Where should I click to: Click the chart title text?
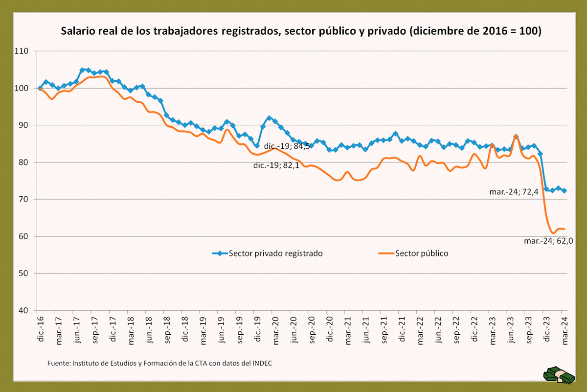click(301, 31)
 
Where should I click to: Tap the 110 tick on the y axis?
click(21, 51)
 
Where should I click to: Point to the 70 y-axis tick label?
click(23, 199)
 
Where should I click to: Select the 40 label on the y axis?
click(23, 310)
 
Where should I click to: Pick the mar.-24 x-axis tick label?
click(564, 331)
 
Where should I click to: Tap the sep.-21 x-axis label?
click(384, 330)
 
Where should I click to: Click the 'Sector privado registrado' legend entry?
click(267, 254)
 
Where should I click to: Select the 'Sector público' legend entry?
click(413, 254)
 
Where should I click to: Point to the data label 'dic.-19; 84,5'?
click(287, 146)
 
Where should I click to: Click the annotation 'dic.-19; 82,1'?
click(276, 165)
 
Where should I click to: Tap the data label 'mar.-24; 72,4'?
click(514, 192)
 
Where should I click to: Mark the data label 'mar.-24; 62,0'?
click(548, 241)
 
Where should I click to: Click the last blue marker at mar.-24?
click(564, 191)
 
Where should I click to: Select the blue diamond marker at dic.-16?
click(40, 89)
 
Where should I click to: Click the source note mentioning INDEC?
click(159, 363)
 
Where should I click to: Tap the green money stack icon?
click(559, 375)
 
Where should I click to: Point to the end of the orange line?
click(564, 229)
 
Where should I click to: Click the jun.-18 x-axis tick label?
click(149, 329)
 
